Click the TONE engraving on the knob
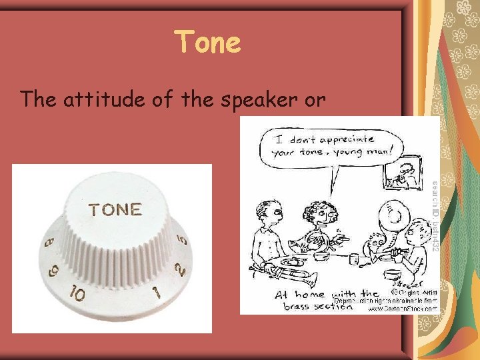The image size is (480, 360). (115, 210)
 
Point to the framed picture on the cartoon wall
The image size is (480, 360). (403, 173)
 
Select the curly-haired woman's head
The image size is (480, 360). (323, 211)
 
